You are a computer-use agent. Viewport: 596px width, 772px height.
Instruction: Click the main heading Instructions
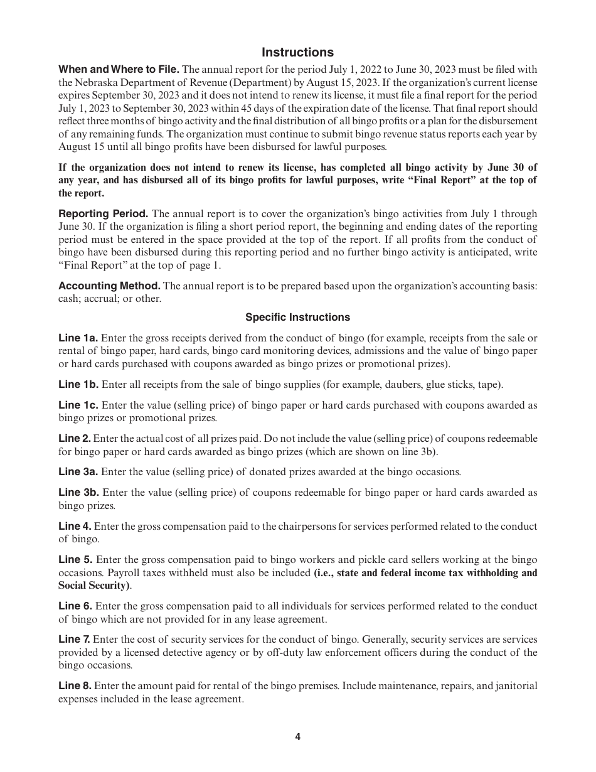297,52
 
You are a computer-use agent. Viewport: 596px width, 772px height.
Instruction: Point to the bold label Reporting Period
104,214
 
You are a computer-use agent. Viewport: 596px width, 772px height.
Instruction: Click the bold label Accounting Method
109,286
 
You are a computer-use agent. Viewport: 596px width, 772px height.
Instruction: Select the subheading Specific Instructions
297,318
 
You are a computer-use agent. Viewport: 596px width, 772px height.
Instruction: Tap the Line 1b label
78,385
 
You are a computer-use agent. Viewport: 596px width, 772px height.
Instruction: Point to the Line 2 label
74,439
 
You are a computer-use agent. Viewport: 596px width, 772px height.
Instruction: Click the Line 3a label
78,472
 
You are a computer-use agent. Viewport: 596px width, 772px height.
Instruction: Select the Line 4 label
75,527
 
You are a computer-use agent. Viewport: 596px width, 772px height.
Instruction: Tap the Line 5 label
75,560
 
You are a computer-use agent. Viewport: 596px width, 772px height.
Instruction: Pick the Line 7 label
75,640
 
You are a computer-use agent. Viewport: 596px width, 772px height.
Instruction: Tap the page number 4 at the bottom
297,737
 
